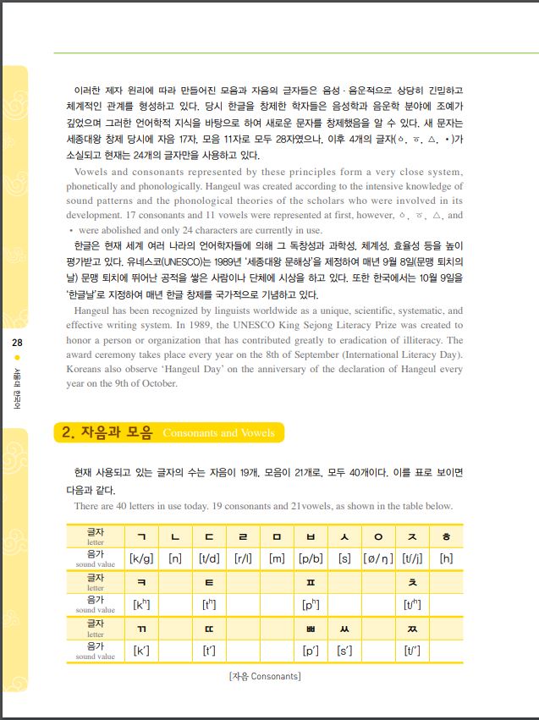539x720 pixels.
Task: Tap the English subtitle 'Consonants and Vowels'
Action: click(x=218, y=433)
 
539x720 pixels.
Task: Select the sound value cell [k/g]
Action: click(x=141, y=558)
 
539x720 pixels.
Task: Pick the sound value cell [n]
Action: click(x=175, y=558)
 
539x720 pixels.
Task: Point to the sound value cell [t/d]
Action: click(x=209, y=558)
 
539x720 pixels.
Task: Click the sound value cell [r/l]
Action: click(x=243, y=558)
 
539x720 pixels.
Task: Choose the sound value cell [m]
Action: click(x=277, y=558)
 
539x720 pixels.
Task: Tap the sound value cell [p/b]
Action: click(x=311, y=558)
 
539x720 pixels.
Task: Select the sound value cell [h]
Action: click(x=446, y=558)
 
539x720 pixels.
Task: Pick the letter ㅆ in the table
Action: click(x=344, y=629)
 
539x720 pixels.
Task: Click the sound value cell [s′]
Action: click(x=344, y=651)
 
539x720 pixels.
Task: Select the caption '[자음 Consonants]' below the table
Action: click(x=265, y=676)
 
